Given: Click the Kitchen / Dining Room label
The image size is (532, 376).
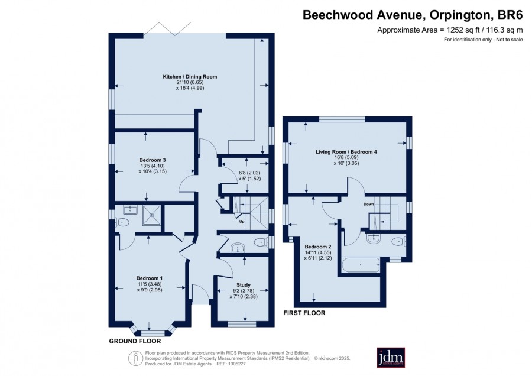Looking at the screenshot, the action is pyautogui.click(x=190, y=77).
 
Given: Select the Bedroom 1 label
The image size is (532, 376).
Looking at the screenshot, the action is pyautogui.click(x=150, y=278).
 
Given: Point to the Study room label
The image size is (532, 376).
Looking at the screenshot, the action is pyautogui.click(x=244, y=285).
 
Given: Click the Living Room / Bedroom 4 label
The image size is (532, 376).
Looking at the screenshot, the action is pyautogui.click(x=346, y=152).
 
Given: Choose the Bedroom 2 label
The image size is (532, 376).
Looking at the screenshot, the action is pyautogui.click(x=318, y=247).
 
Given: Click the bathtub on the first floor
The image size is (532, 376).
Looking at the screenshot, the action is pyautogui.click(x=361, y=265).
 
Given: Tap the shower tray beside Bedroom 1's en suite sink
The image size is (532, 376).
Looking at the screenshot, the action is pyautogui.click(x=152, y=215).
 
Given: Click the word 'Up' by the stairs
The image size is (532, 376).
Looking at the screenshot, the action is pyautogui.click(x=242, y=222).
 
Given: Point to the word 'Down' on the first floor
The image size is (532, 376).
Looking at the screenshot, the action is pyautogui.click(x=368, y=205).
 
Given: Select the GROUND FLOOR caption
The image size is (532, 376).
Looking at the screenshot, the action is pyautogui.click(x=135, y=341).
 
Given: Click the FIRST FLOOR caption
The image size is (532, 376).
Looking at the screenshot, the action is pyautogui.click(x=304, y=313).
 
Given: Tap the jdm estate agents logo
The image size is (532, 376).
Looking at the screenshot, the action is pyautogui.click(x=391, y=357).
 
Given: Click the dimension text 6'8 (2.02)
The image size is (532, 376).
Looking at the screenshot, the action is pyautogui.click(x=249, y=173).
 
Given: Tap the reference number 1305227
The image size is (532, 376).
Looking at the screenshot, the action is pyautogui.click(x=236, y=364).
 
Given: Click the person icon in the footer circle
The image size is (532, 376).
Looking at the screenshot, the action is pyautogui.click(x=135, y=358).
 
